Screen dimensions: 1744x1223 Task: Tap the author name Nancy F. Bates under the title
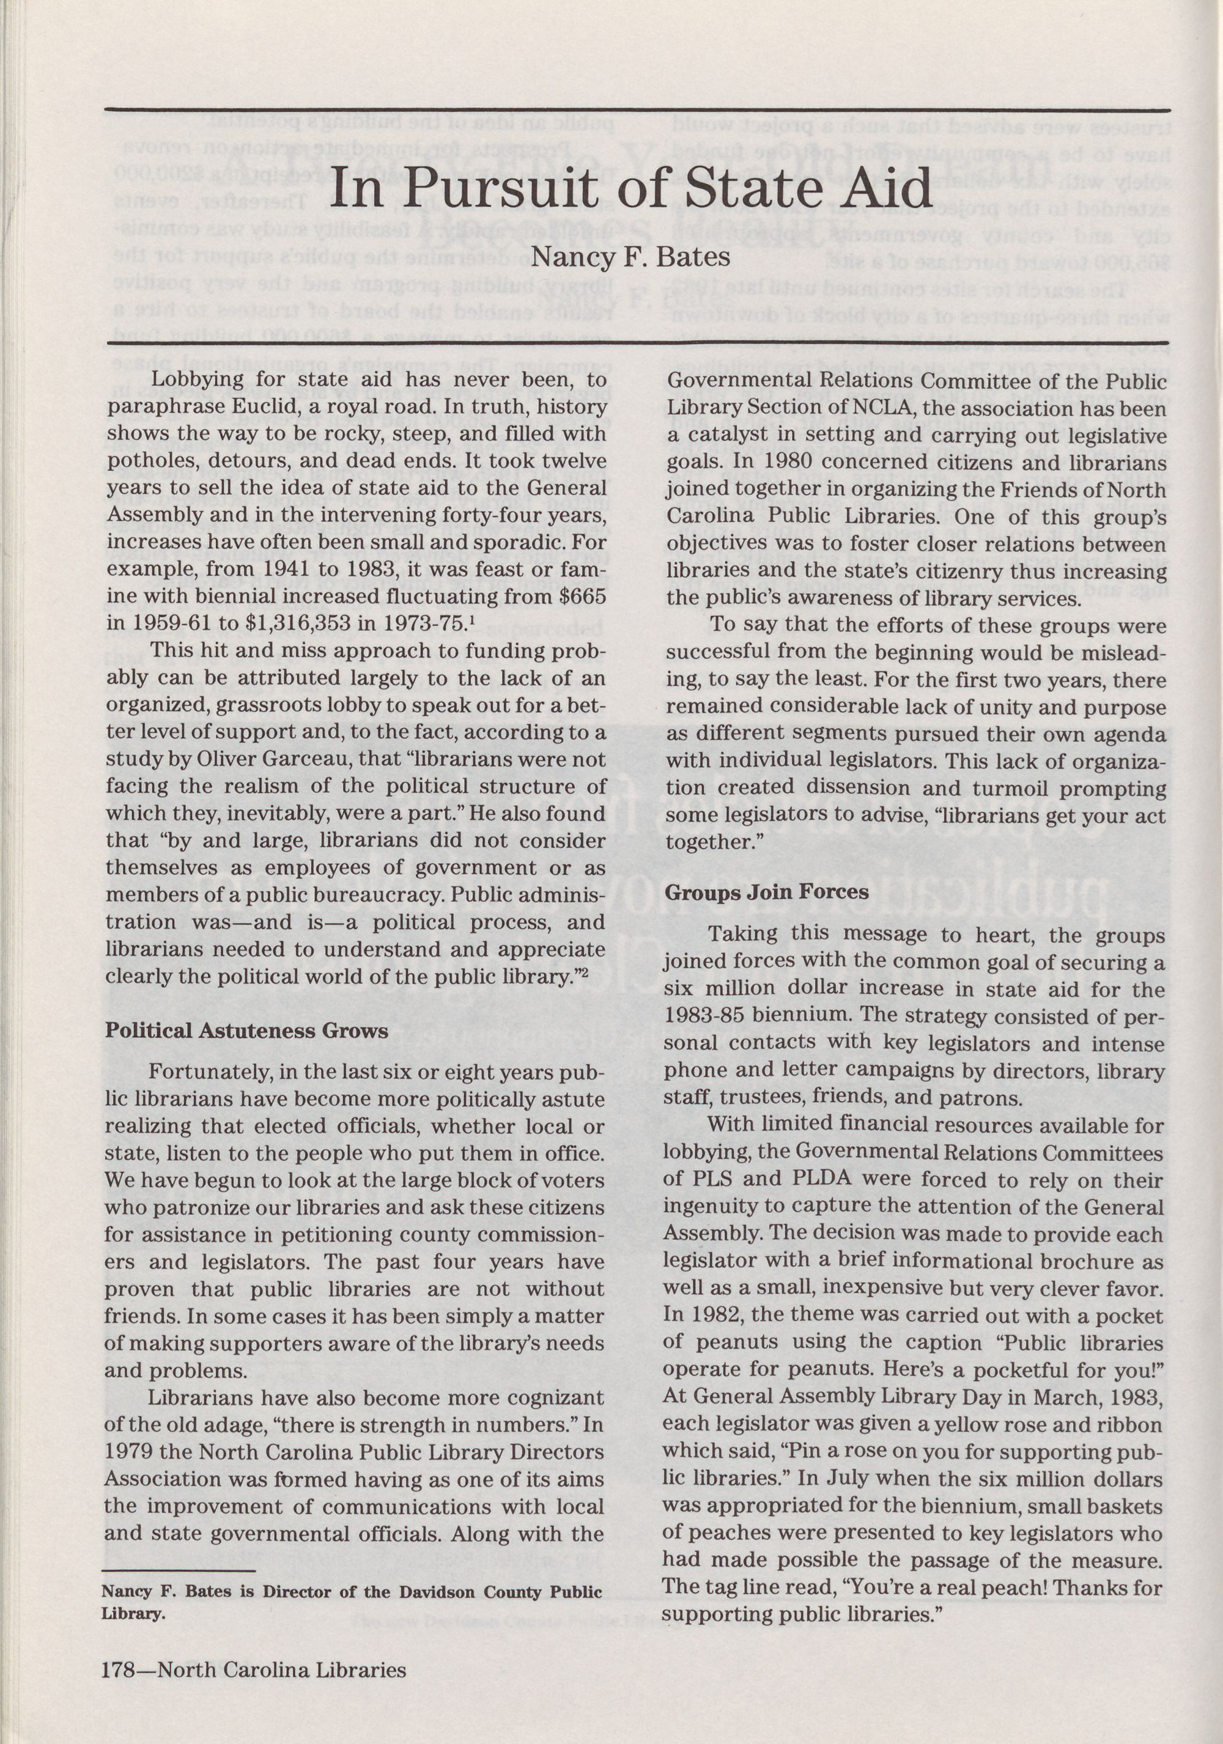click(630, 257)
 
